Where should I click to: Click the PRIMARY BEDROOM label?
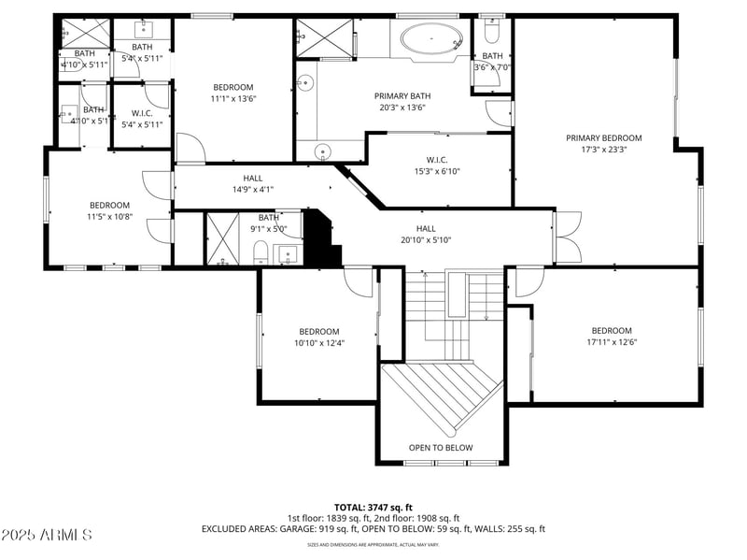[x=603, y=138]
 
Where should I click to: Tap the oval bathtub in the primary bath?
[x=431, y=40]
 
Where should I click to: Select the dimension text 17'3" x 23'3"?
[x=603, y=150]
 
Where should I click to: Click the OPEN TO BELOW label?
[x=440, y=448]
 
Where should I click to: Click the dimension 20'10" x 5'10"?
[x=425, y=240]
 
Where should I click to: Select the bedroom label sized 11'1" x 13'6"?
[x=233, y=87]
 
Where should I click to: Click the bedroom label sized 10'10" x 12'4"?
[x=319, y=331]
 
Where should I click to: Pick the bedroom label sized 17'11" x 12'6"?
[x=612, y=330]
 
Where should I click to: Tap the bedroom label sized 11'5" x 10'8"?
[x=109, y=205]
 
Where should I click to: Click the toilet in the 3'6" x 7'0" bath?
[x=494, y=33]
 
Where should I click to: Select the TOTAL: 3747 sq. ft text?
[x=373, y=507]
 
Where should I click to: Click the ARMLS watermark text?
[x=47, y=536]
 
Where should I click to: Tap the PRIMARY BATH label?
[x=402, y=95]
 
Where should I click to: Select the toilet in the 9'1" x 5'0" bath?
[x=262, y=252]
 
